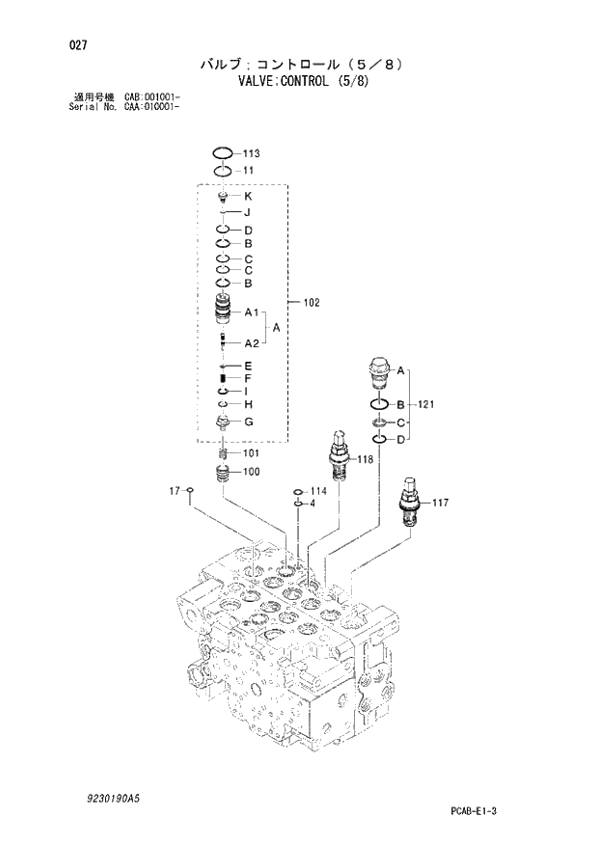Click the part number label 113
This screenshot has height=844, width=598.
pos(252,153)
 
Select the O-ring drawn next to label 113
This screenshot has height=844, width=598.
pos(222,153)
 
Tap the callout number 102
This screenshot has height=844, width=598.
pos(312,303)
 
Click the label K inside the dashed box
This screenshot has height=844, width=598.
pos(248,196)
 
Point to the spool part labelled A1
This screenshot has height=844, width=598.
pos(223,312)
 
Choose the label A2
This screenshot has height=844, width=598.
pos(252,342)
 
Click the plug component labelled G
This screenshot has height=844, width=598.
pos(223,422)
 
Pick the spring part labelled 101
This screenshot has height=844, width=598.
pos(223,453)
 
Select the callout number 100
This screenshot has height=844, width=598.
pos(252,472)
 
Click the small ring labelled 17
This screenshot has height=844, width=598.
pos(191,492)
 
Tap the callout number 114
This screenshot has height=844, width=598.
pos(318,492)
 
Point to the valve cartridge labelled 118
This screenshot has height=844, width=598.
pos(338,453)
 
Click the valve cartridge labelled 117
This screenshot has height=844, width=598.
pos(410,499)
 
